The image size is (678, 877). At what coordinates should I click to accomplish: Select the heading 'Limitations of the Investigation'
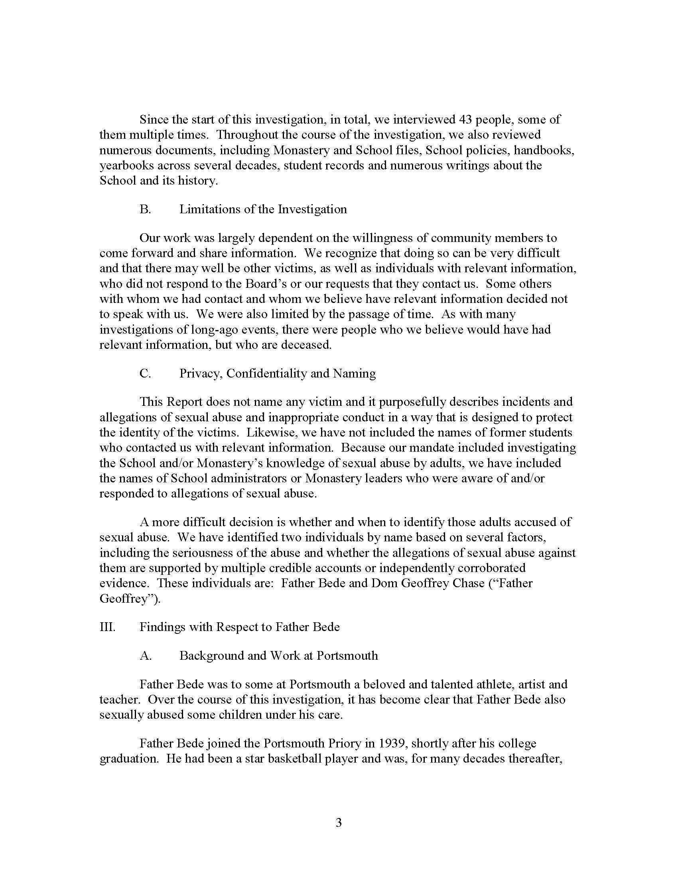pyautogui.click(x=263, y=209)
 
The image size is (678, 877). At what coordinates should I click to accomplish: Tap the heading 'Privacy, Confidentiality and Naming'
pyautogui.click(x=277, y=374)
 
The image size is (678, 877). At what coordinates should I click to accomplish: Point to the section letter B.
pyautogui.click(x=145, y=209)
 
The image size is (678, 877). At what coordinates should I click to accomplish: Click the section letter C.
pyautogui.click(x=145, y=374)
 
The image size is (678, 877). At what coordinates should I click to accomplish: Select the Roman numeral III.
pyautogui.click(x=107, y=627)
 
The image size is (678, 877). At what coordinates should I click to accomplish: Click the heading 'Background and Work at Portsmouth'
pyautogui.click(x=278, y=655)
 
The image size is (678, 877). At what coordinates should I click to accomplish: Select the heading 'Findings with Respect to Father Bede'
pyautogui.click(x=239, y=627)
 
